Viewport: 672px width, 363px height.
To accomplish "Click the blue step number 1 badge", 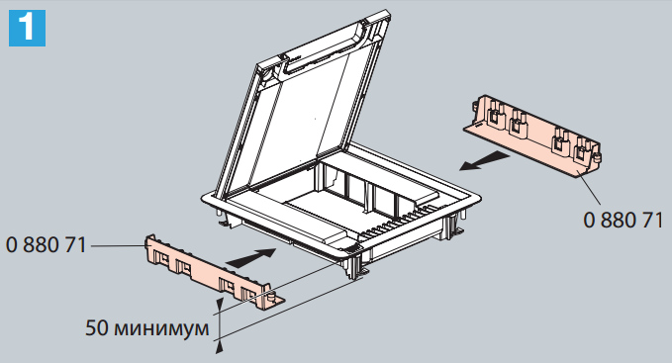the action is coord(27,28).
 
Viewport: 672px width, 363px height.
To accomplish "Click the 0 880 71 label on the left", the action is coord(47,245).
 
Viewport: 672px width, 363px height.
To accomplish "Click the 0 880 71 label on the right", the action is coord(624,220).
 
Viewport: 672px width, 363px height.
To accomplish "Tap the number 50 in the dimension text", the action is coord(97,328).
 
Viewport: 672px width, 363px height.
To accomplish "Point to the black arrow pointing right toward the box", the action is coord(250,256).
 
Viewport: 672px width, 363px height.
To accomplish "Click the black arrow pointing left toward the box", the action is coord(485,161).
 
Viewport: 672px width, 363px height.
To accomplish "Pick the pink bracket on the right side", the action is coord(532,134).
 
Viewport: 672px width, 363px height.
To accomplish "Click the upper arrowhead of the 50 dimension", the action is coord(220,306).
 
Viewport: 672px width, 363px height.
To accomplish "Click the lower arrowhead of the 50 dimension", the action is coord(220,347).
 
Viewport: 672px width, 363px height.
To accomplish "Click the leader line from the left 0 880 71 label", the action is coord(118,245).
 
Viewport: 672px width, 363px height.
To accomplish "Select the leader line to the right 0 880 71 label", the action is coord(589,187).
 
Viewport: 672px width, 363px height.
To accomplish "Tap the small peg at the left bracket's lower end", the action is coord(271,296).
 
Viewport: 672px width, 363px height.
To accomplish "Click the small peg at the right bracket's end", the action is coord(598,157).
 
